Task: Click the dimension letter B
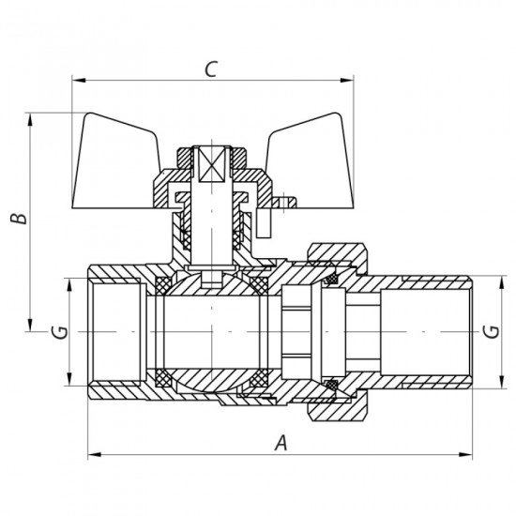(17, 219)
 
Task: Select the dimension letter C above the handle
(211, 68)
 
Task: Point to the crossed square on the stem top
(211, 163)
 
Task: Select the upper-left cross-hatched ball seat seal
(163, 282)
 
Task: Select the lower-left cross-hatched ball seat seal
(163, 380)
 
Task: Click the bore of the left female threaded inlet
(113, 331)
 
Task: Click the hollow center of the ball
(211, 331)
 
